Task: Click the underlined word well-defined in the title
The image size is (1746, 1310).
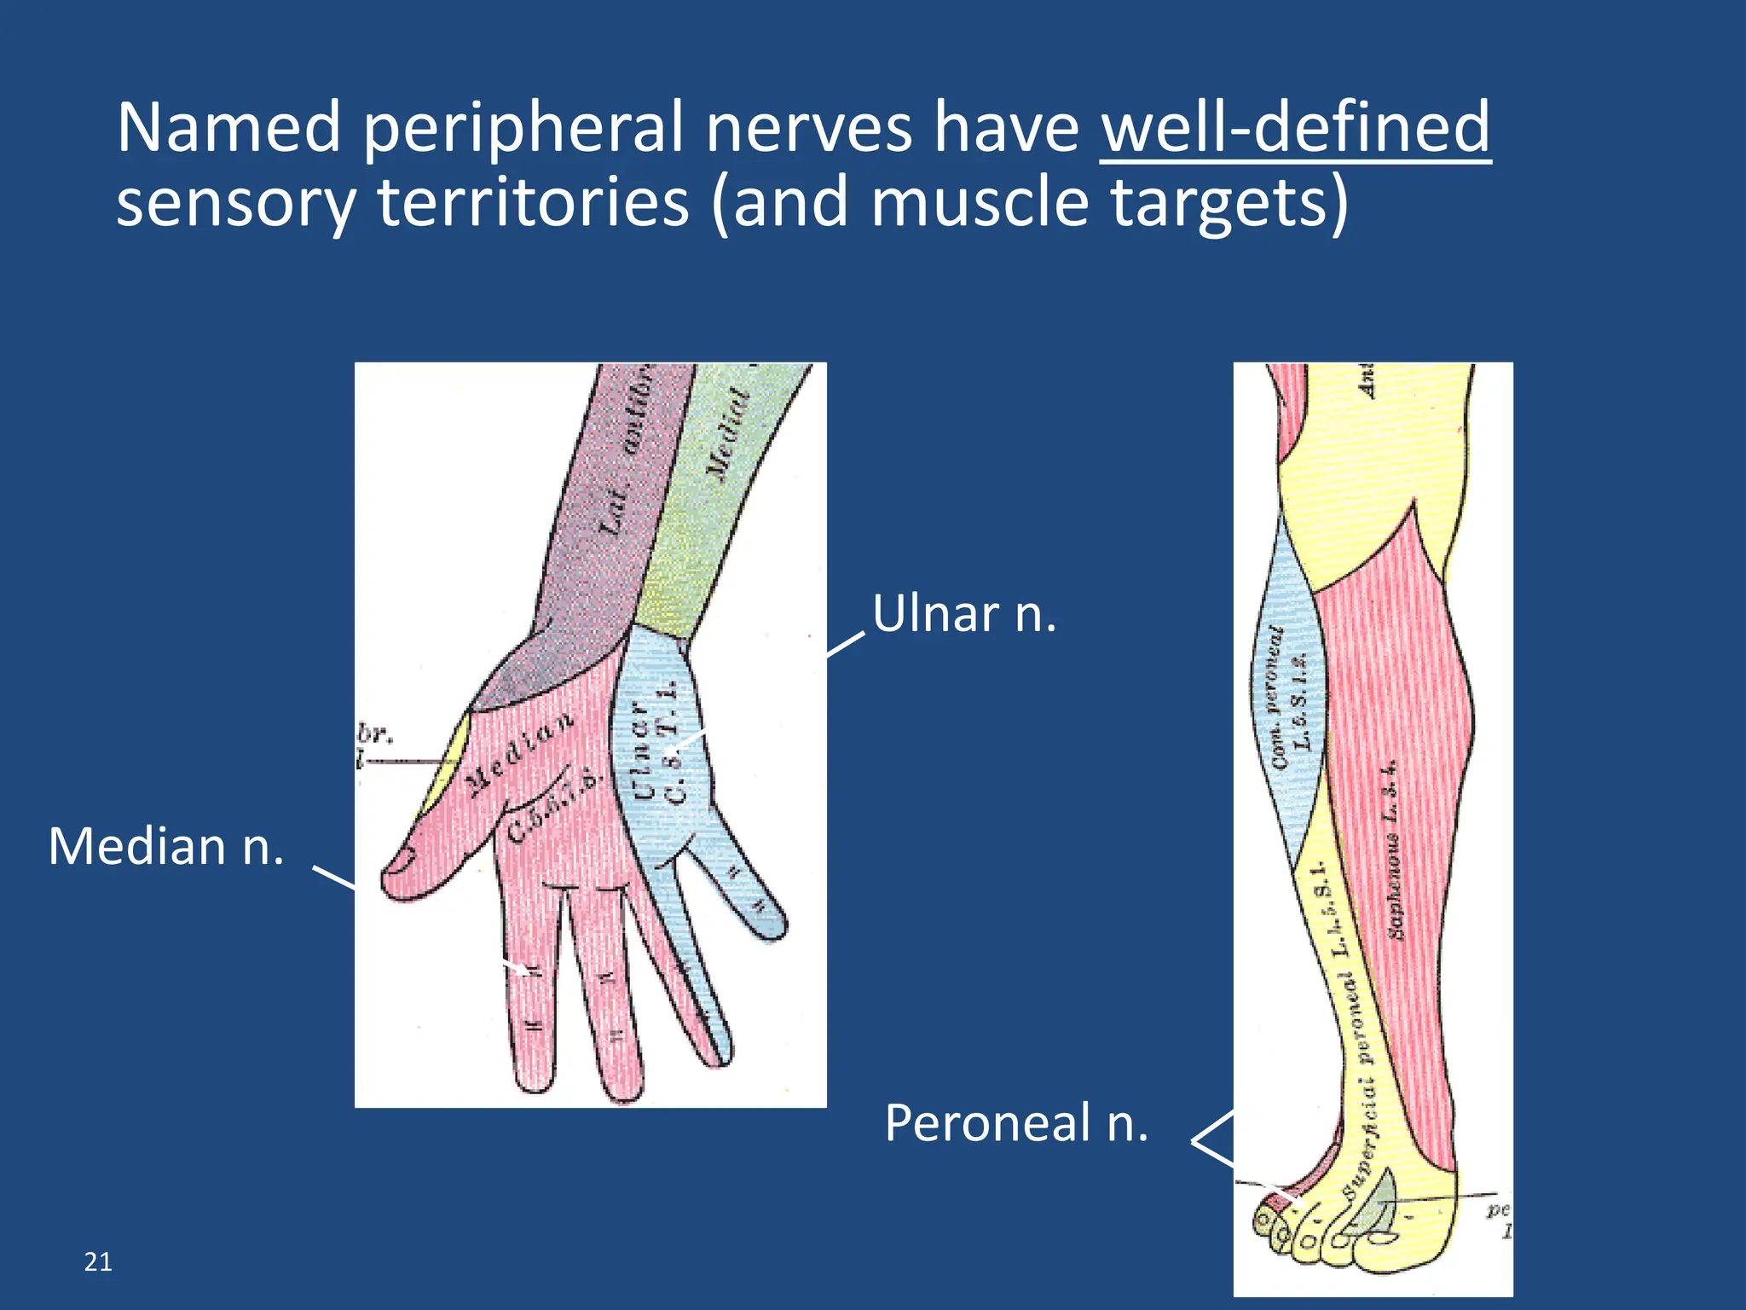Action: coord(1295,128)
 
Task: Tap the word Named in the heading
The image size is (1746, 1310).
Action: coord(228,128)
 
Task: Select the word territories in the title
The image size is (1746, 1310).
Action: coord(533,203)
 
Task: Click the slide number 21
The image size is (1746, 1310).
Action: coord(98,1261)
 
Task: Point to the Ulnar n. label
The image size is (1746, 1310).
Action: coord(963,614)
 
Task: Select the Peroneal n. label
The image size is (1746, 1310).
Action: coord(1016,1122)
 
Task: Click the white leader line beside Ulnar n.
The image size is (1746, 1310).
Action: coord(846,645)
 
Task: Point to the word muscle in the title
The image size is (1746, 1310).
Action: coord(980,203)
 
